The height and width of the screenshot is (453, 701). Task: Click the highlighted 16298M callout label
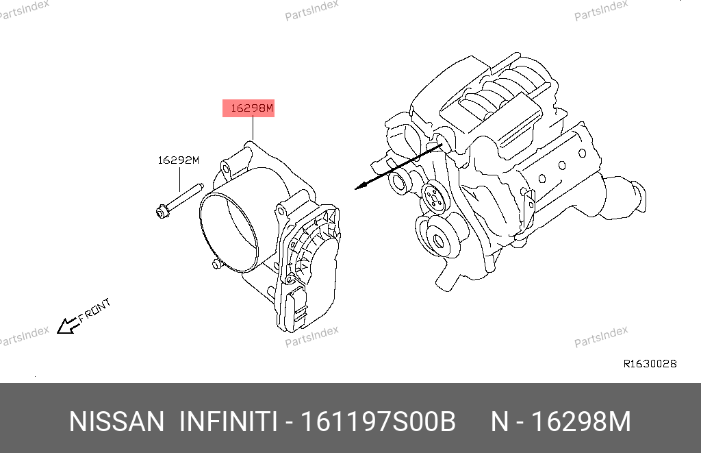[x=248, y=108]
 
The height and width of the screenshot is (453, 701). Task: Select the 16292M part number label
[x=179, y=160]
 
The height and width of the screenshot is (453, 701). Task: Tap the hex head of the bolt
[x=163, y=211]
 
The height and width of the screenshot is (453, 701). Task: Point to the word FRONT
[x=94, y=310]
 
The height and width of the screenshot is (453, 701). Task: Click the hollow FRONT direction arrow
[x=66, y=326]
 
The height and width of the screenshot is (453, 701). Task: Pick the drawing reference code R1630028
[x=650, y=363]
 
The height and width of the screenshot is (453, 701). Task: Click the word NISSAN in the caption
[x=116, y=421]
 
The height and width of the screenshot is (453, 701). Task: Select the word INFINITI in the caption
[x=228, y=421]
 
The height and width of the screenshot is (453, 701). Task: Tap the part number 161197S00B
[x=378, y=421]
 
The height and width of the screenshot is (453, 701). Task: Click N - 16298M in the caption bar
[x=561, y=421]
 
